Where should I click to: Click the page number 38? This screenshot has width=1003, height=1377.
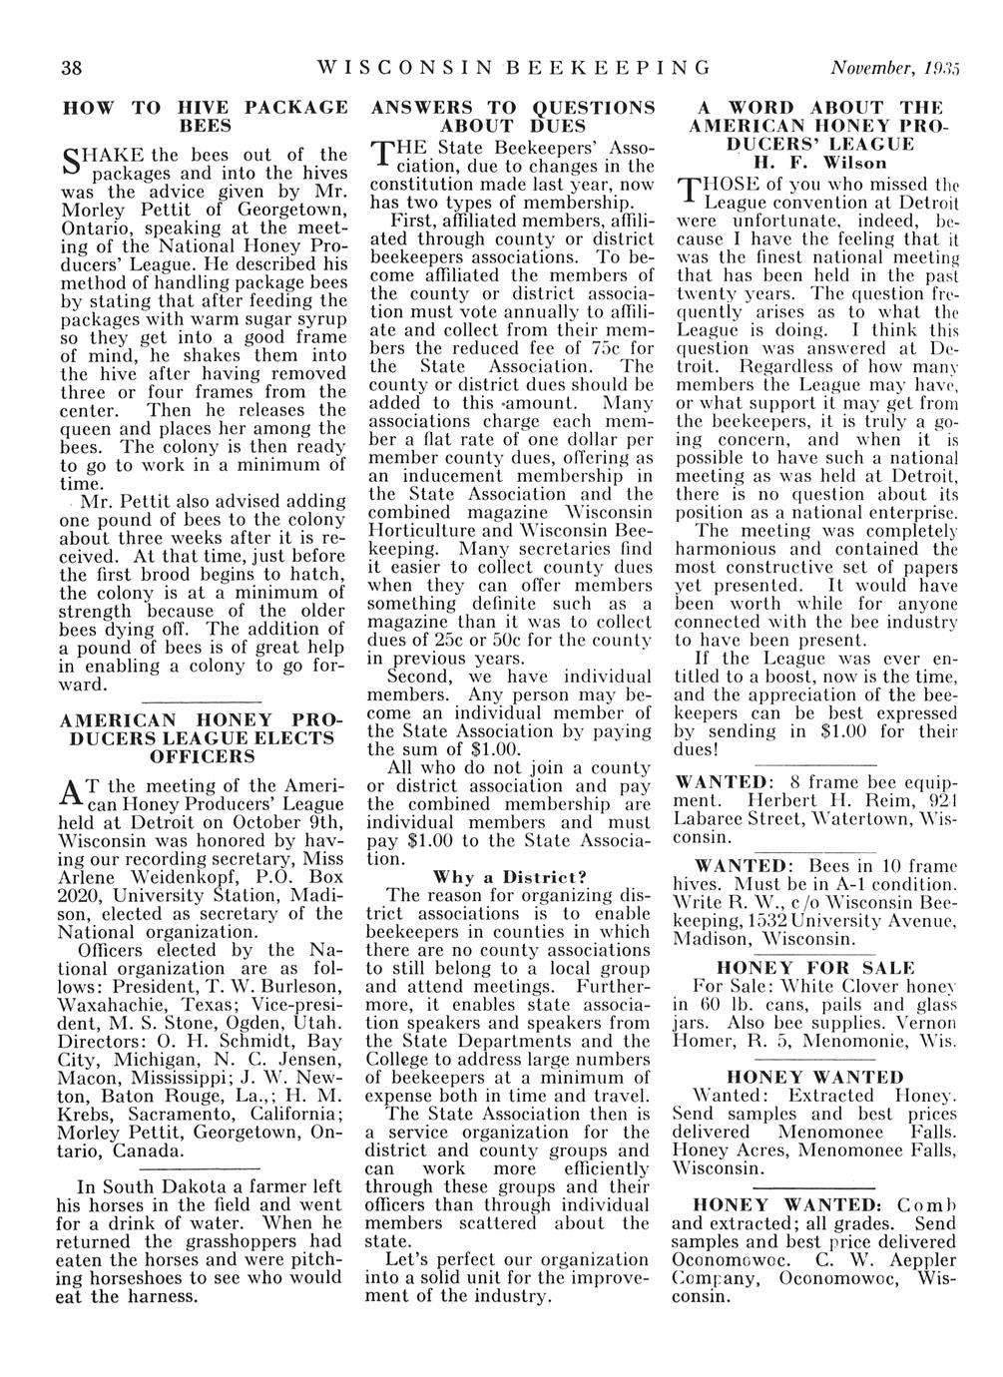(71, 68)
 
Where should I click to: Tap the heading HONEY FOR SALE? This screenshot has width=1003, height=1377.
(815, 967)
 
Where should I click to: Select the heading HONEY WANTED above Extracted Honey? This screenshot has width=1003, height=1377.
(815, 1077)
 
